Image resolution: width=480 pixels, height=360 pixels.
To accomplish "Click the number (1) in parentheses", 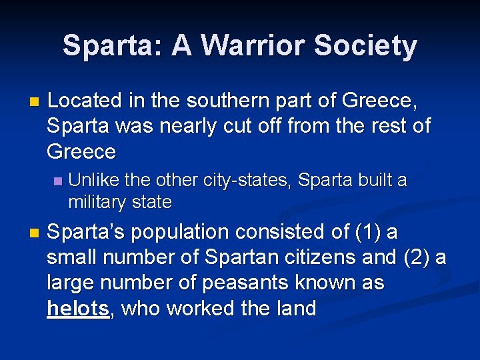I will pyautogui.click(x=370, y=232).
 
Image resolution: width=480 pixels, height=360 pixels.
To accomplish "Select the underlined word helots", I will pyautogui.click(x=78, y=308).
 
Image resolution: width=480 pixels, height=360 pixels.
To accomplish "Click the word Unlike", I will pyautogui.click(x=91, y=181).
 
